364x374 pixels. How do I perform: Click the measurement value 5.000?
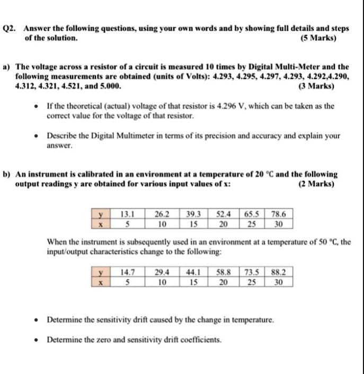click(111, 85)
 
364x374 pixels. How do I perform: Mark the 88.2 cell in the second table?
click(278, 273)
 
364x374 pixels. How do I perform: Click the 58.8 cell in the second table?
click(224, 273)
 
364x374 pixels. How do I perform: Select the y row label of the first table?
click(97, 215)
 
